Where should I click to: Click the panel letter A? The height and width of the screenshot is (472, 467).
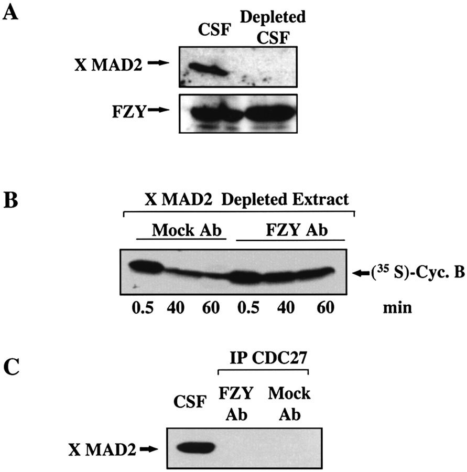pos(10,13)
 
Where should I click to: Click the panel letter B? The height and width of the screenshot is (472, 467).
pos(11,200)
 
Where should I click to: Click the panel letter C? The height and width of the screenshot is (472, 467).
pos(12,367)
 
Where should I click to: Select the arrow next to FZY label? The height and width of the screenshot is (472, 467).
pos(159,110)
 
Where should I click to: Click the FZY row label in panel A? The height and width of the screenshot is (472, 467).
pos(129,111)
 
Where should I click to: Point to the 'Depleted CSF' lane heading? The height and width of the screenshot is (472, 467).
pos(273,27)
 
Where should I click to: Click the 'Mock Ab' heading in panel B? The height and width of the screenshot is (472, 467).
pos(187,231)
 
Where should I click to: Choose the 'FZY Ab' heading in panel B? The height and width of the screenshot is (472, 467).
pos(297,230)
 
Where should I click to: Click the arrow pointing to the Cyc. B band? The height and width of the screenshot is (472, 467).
pos(361,273)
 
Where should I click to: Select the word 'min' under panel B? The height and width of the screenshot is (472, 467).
pos(397,308)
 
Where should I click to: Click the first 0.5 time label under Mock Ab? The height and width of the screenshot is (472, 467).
pos(143,308)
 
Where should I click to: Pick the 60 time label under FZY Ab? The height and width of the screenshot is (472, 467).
pos(325,308)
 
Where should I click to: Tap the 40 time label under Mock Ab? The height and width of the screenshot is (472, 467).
pos(176,308)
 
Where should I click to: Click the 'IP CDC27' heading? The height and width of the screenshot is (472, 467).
pos(268,358)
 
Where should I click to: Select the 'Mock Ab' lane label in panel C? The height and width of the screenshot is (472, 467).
pos(289,404)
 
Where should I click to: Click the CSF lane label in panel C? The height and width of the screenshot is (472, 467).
pos(190,402)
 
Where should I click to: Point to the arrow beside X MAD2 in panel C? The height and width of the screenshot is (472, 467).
pos(149,449)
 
